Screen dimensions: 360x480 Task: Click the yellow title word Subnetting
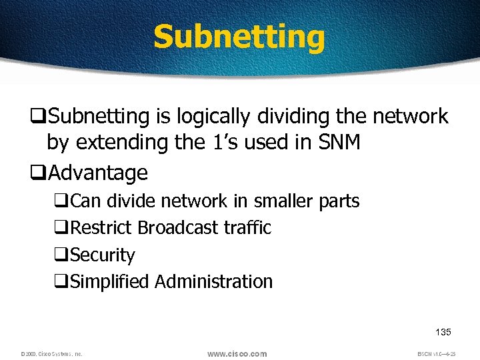[x=239, y=37]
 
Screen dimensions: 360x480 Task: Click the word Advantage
[x=98, y=173]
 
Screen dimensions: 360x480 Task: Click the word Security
[x=102, y=255]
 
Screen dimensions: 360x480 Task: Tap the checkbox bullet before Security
[x=62, y=255]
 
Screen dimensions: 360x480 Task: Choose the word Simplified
[x=109, y=282]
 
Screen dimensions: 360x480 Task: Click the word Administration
[x=214, y=282]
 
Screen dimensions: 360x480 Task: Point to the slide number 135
[x=443, y=332]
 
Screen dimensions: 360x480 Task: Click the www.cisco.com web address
[x=237, y=353]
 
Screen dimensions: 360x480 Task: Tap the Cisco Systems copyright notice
[x=51, y=354]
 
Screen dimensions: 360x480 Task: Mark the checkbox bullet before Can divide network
[x=62, y=201]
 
